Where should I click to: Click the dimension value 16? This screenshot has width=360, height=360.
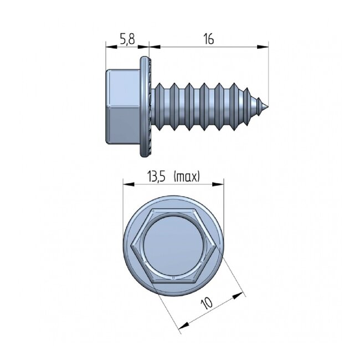point(208,39)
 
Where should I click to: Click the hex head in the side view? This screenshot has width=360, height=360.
point(121,108)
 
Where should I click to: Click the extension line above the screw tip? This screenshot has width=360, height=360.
point(269,72)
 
